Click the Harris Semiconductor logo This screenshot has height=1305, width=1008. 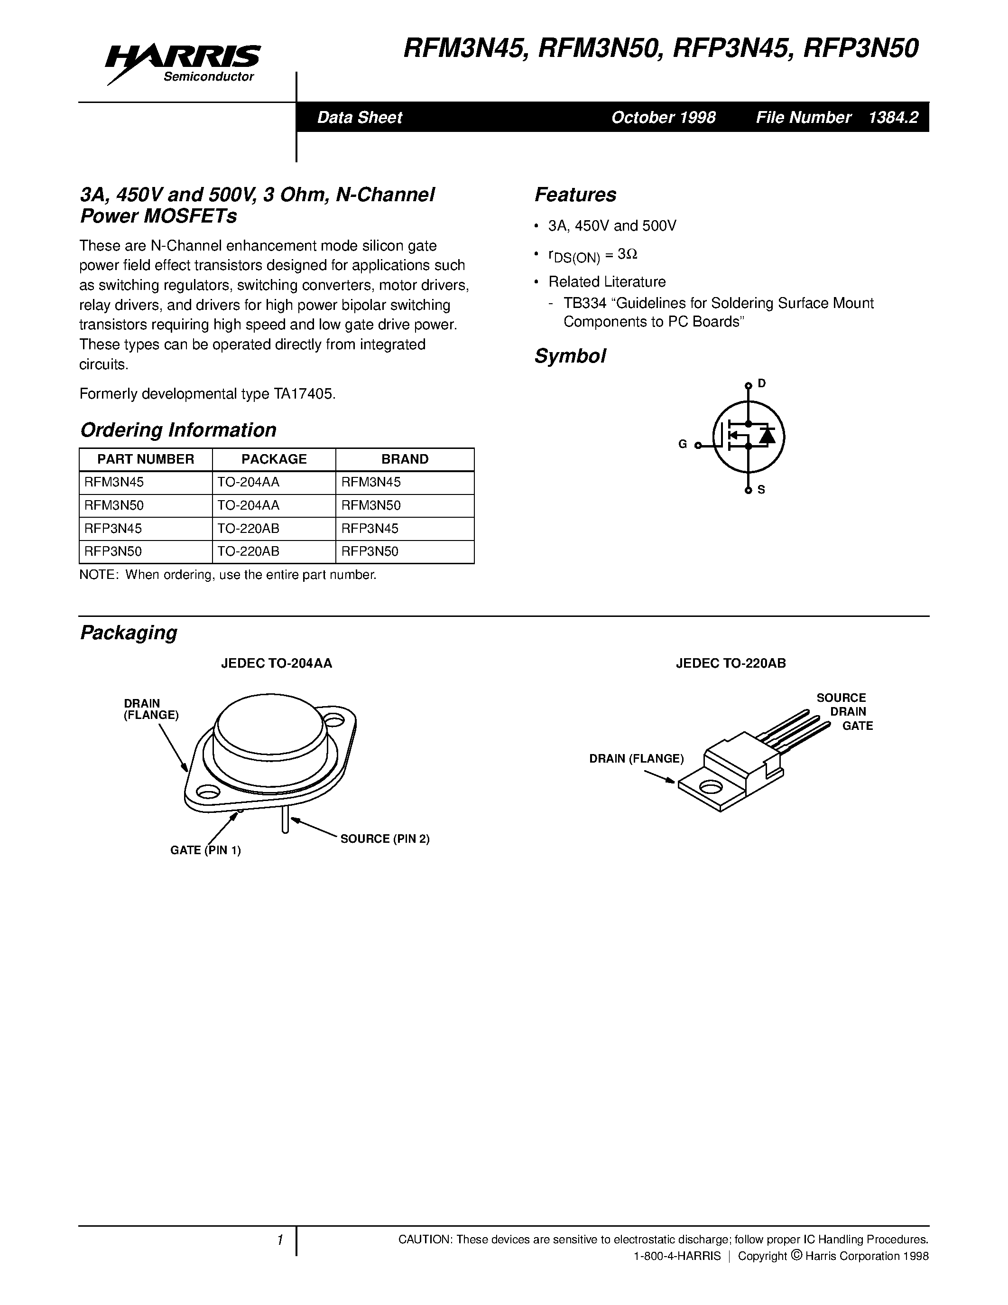[183, 63]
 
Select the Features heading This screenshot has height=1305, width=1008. [575, 195]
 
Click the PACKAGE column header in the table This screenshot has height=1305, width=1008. [274, 459]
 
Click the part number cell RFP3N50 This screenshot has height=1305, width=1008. [113, 551]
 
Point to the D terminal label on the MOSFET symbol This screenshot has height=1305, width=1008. [761, 383]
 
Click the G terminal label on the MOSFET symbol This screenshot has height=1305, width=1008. [683, 444]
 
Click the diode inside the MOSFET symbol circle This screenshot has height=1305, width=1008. [767, 436]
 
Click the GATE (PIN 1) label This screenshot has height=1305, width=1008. [205, 850]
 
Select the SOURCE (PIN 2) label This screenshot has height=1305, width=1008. [385, 839]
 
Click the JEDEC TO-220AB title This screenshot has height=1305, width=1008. [731, 663]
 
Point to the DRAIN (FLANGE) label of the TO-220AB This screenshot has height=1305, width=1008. [636, 758]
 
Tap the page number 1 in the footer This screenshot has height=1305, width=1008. [279, 1240]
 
